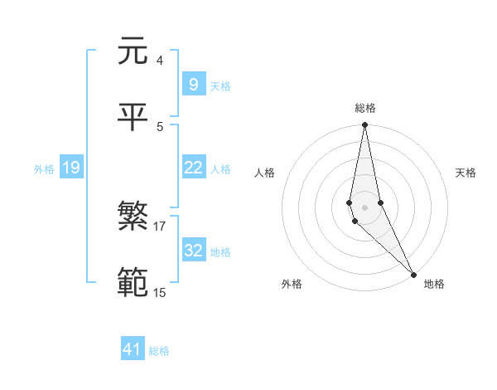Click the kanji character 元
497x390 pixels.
(x=133, y=51)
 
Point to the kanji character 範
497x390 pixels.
(x=133, y=282)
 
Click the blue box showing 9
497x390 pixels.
(x=193, y=84)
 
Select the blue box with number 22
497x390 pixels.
(x=193, y=168)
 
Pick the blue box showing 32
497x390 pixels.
(x=193, y=251)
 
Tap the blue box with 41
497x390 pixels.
(x=133, y=349)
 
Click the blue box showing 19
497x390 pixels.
(x=70, y=168)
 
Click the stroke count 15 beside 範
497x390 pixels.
(x=159, y=292)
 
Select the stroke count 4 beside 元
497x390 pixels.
(x=159, y=61)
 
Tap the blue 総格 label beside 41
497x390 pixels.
(x=159, y=351)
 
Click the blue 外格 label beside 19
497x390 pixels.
(x=44, y=169)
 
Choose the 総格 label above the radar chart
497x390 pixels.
(x=365, y=109)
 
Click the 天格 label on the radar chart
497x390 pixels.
(x=466, y=173)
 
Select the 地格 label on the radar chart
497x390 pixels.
(x=434, y=284)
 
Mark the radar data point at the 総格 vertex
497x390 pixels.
(x=364, y=125)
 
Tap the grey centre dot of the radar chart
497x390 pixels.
(x=364, y=207)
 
